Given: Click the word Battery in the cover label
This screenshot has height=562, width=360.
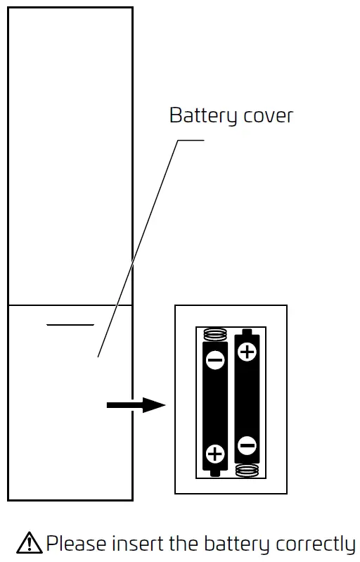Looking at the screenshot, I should click(200, 115).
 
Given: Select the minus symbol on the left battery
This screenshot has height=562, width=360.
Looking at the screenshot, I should click(215, 361).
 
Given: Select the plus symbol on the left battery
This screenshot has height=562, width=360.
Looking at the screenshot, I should click(215, 453).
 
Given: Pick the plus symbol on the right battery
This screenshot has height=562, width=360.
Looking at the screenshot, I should click(247, 352).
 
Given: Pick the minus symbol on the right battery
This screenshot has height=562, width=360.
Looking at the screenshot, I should click(247, 445).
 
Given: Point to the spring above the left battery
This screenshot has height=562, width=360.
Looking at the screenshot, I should click(215, 334).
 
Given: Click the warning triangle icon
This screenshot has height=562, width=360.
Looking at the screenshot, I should click(30, 543).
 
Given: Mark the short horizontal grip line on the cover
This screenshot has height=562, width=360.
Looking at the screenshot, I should click(70, 325).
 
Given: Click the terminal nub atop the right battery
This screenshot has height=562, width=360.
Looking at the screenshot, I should click(247, 331).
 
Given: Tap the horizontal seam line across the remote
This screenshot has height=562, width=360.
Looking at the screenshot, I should click(70, 305).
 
